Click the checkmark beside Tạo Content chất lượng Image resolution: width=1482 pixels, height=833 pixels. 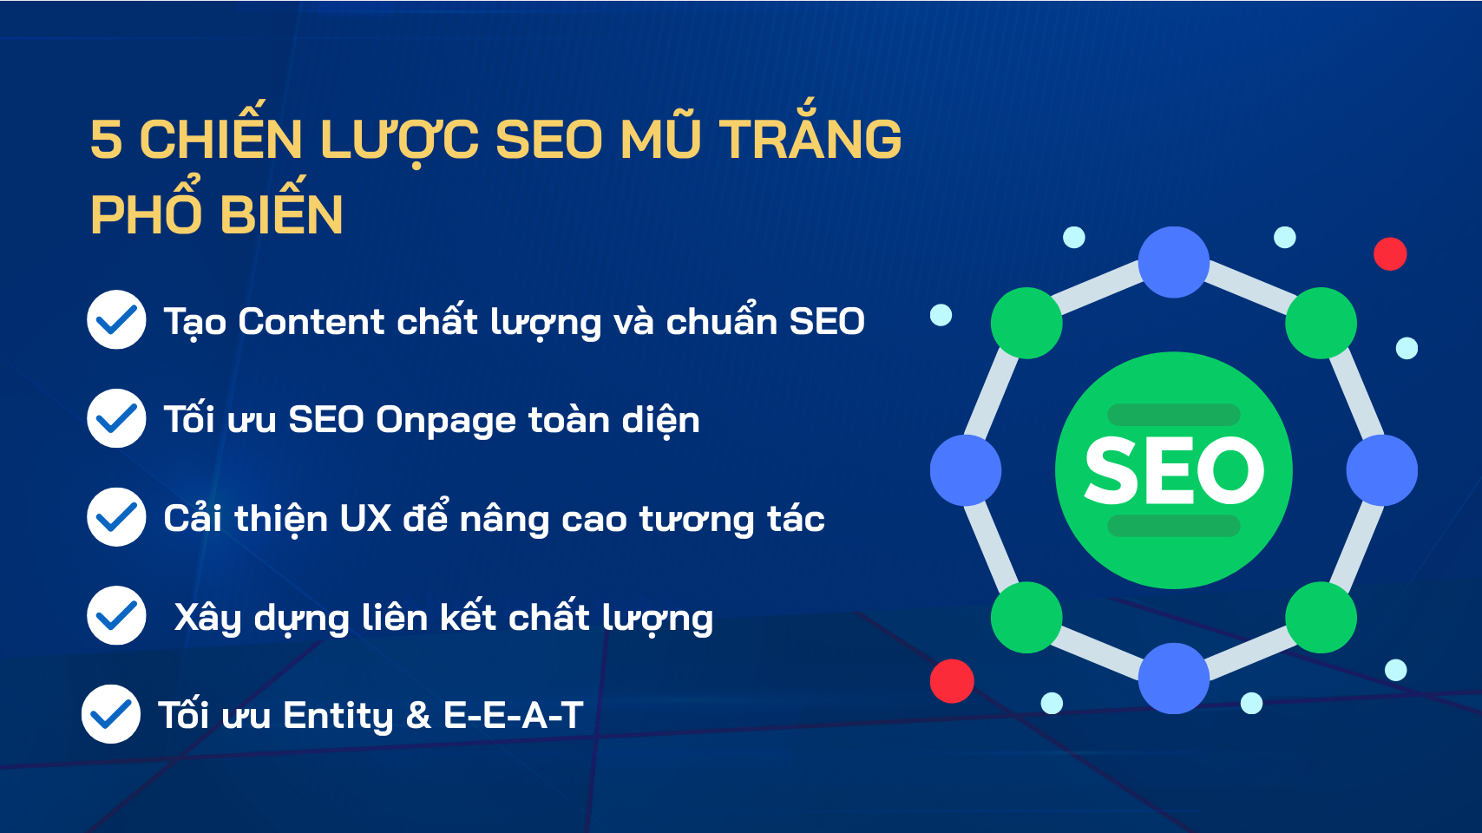[116, 319]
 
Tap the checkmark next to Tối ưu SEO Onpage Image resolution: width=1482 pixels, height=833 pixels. [116, 418]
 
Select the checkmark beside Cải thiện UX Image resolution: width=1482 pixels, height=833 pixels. [116, 517]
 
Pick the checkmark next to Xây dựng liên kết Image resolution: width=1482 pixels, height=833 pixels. [116, 615]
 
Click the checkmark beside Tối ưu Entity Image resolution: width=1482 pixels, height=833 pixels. [111, 714]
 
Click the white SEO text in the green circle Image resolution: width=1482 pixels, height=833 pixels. [1174, 470]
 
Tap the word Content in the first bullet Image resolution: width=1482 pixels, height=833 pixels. [311, 322]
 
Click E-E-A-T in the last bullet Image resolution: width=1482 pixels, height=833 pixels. [514, 715]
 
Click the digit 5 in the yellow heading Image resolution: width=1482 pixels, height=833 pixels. [107, 140]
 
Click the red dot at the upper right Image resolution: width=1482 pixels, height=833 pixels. [1390, 254]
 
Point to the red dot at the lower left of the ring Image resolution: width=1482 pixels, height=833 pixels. [952, 681]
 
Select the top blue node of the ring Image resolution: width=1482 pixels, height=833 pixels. [1174, 262]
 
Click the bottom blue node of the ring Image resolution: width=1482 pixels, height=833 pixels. [1174, 679]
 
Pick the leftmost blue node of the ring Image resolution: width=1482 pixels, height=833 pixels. [966, 470]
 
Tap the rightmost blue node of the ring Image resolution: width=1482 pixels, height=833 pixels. [1382, 470]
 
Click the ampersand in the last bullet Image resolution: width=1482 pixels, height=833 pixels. [418, 716]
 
